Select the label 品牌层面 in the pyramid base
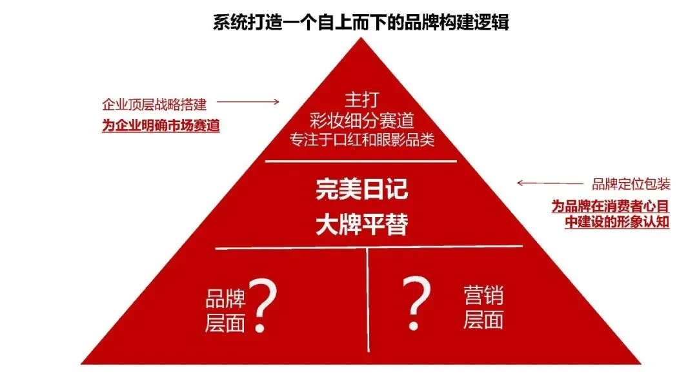coord(225,311)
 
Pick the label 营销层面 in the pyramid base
coord(483,308)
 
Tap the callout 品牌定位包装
coord(631,184)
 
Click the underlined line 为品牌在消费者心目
coord(610,206)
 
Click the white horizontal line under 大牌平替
coord(369,247)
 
